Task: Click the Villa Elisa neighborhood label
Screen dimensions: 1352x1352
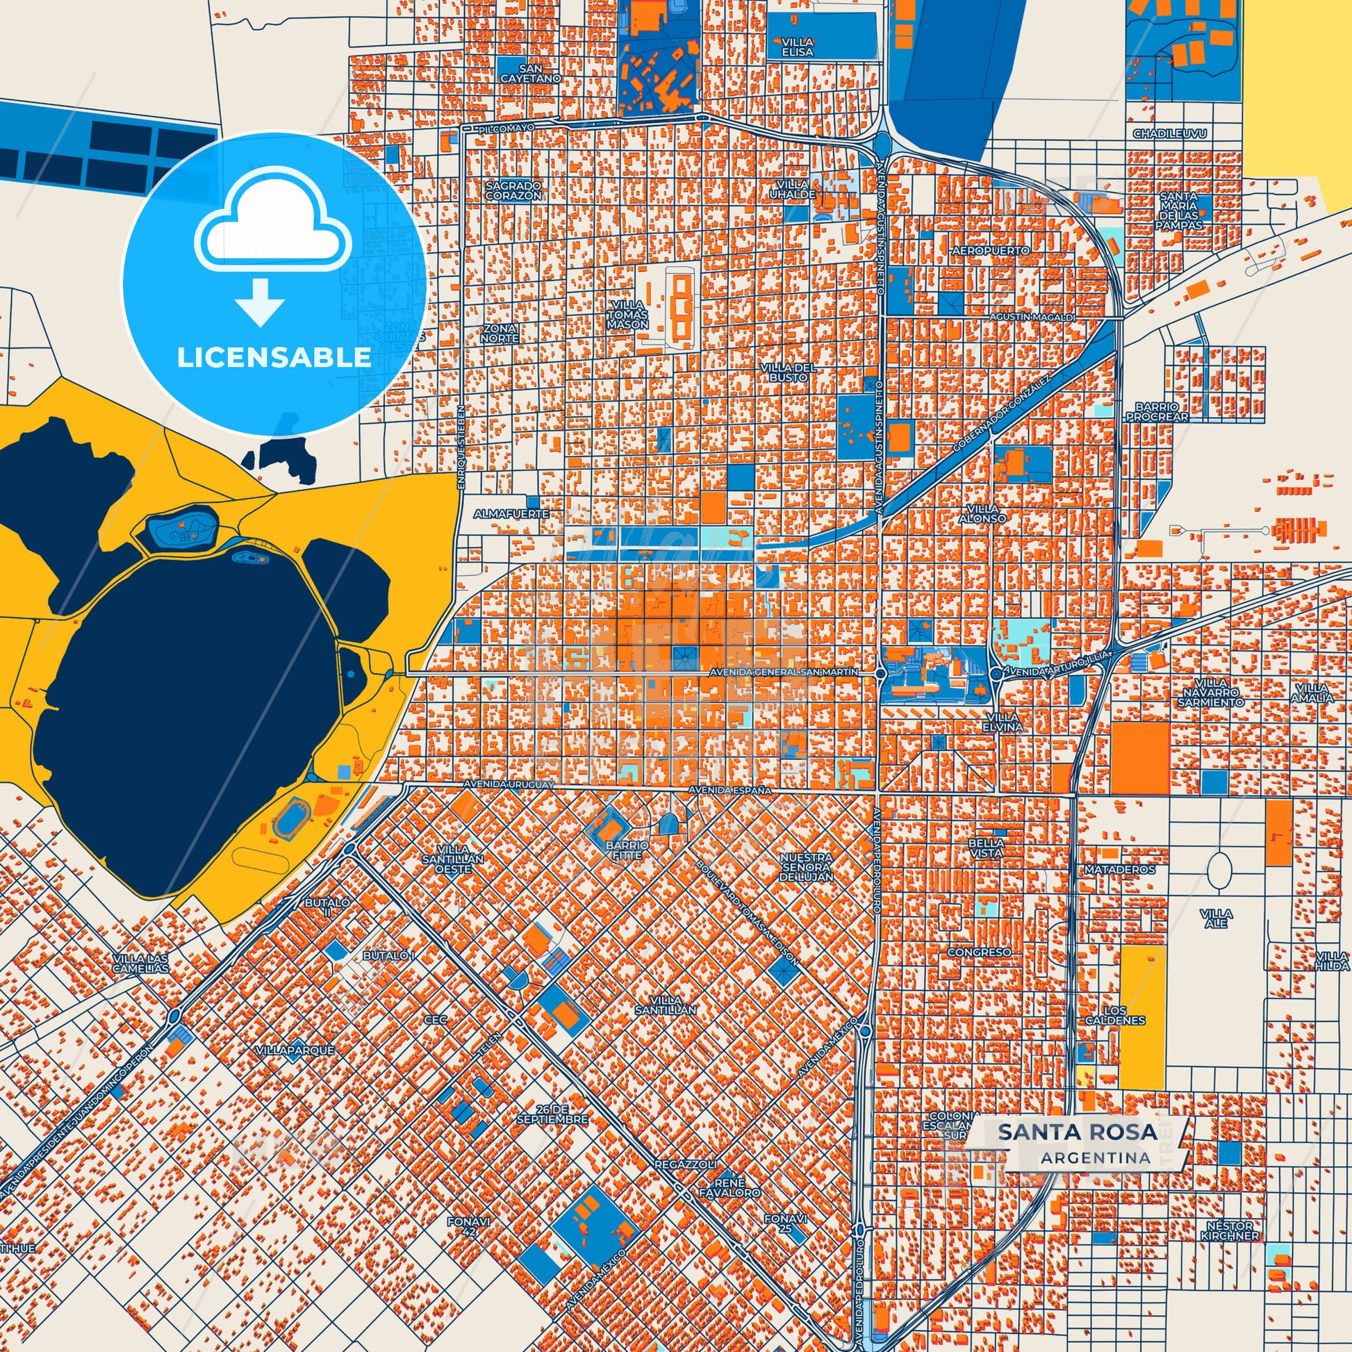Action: (798, 47)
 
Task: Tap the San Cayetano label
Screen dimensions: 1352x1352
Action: (530, 74)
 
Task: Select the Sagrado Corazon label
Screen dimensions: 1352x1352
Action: (513, 190)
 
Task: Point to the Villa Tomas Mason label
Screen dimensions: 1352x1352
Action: (628, 315)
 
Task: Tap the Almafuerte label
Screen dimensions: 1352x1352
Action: (511, 513)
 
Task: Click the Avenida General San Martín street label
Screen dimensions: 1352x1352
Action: (784, 672)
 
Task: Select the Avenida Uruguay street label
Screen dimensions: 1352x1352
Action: (513, 784)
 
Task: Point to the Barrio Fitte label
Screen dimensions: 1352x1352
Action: (628, 850)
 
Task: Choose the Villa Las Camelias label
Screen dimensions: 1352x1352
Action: (140, 963)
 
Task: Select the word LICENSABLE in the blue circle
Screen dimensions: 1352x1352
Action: (274, 358)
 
